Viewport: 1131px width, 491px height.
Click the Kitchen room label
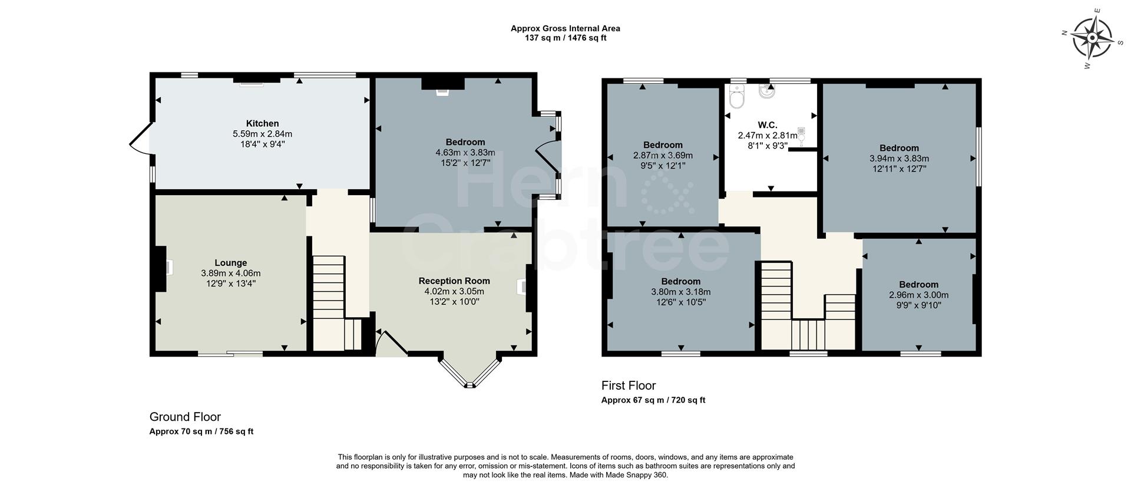pyautogui.click(x=262, y=124)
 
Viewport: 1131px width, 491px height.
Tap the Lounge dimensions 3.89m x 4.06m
pyautogui.click(x=230, y=273)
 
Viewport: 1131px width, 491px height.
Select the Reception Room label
pyautogui.click(x=454, y=281)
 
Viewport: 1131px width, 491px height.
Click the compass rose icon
pyautogui.click(x=1092, y=38)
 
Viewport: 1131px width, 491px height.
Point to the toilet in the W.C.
pyautogui.click(x=736, y=97)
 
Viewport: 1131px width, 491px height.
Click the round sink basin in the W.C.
pyautogui.click(x=768, y=93)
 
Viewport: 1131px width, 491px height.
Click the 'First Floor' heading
pyautogui.click(x=628, y=385)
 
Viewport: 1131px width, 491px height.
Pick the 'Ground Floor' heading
pyautogui.click(x=185, y=417)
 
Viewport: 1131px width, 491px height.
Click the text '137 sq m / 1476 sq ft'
pyautogui.click(x=565, y=38)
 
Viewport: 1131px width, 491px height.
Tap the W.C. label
pyautogui.click(x=767, y=125)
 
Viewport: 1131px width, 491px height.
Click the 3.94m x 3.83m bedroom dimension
pyautogui.click(x=898, y=159)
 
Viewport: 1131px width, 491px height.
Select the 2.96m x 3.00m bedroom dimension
pyautogui.click(x=918, y=295)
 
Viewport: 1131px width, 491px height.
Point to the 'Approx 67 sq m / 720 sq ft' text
pyautogui.click(x=653, y=400)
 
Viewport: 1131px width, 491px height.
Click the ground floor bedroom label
pyautogui.click(x=465, y=142)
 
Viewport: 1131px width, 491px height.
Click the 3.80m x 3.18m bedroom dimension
pyautogui.click(x=680, y=292)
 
